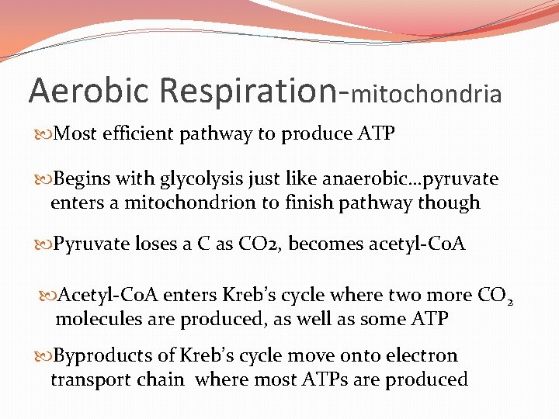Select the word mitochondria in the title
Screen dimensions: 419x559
point(426,95)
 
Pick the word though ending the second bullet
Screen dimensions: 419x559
point(450,203)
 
